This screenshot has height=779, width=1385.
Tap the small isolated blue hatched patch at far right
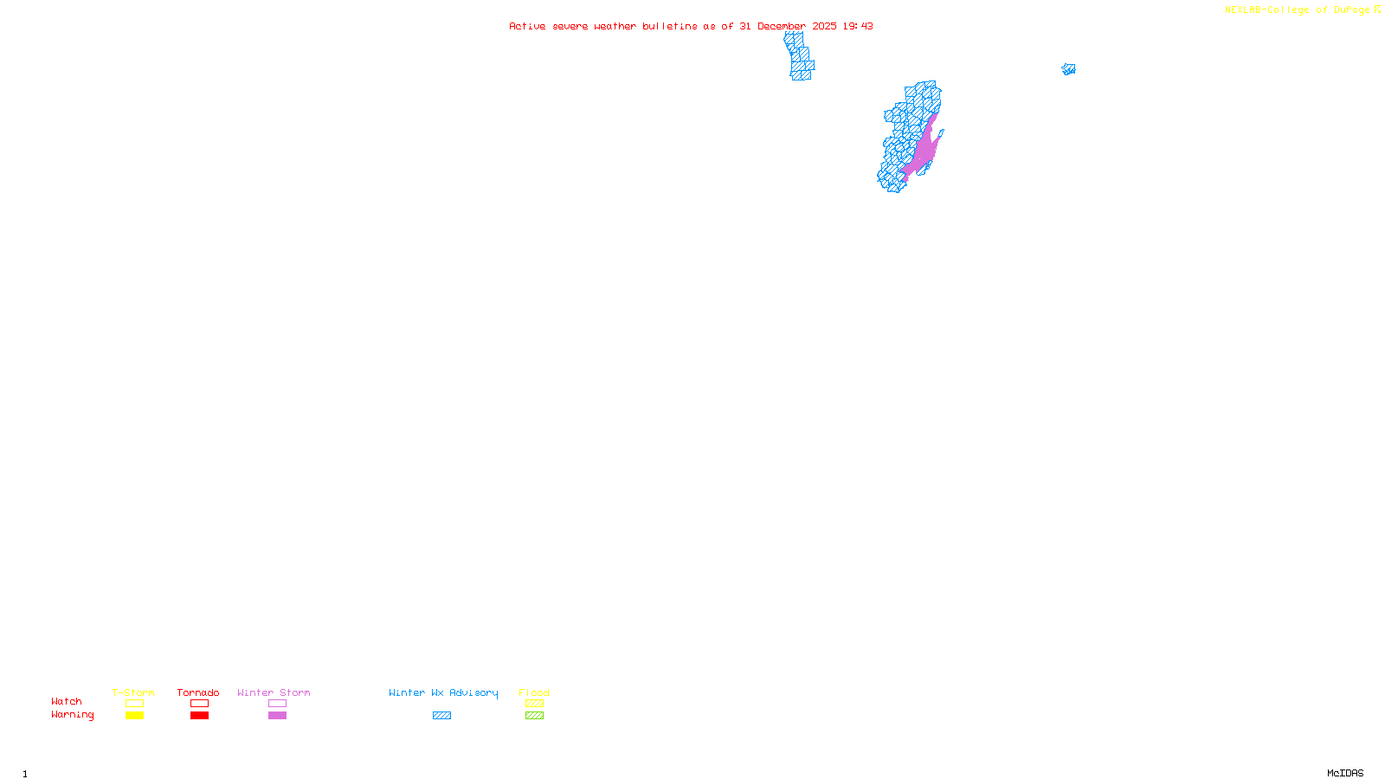(1069, 69)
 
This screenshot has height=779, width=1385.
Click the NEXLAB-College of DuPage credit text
(1298, 10)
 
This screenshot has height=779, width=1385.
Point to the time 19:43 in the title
(858, 26)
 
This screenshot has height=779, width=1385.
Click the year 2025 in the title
(824, 26)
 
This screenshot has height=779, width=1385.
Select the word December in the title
(782, 26)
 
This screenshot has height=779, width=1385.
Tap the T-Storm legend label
(133, 692)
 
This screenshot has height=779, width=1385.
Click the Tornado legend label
(198, 692)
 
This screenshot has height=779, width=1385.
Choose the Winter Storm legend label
(274, 692)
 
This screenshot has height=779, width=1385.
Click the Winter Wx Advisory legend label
(443, 692)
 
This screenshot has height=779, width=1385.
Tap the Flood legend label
(534, 692)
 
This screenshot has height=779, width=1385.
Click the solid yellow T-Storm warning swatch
(134, 716)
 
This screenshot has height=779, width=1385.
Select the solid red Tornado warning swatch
(199, 716)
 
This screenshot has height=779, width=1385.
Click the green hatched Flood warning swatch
(534, 716)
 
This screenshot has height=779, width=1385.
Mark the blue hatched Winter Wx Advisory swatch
(441, 716)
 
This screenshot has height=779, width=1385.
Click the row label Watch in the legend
(67, 701)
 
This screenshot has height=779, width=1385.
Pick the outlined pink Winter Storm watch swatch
(277, 704)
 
